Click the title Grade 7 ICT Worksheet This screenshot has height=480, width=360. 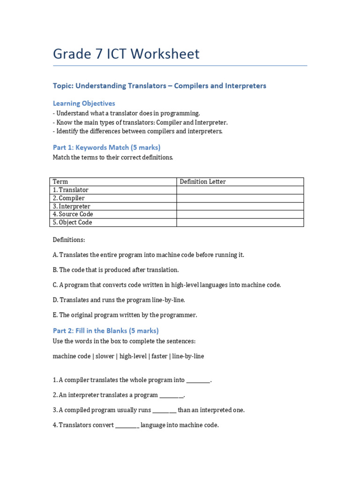coord(126,54)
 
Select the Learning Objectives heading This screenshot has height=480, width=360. coord(84,103)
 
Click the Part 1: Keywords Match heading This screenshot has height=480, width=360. coord(106,147)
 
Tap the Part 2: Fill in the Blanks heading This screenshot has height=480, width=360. coord(105,330)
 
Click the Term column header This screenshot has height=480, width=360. coord(60,182)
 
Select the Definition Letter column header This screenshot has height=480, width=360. coord(203,182)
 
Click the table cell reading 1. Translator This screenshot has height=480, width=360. coord(71,190)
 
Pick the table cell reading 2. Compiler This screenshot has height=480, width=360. coord(69,198)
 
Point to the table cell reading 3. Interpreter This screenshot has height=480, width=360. coord(72,206)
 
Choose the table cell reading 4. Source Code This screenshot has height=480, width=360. coord(73,214)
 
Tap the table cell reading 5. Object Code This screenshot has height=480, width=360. coord(72,223)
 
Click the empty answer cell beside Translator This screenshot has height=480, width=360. coord(240,190)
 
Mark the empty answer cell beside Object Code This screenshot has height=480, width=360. coord(240,223)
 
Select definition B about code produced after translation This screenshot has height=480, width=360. coord(116,270)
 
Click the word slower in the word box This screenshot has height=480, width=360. coord(105,356)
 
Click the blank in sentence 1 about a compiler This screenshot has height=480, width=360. coord(198,381)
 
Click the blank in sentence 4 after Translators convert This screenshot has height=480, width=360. coord(127,426)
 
